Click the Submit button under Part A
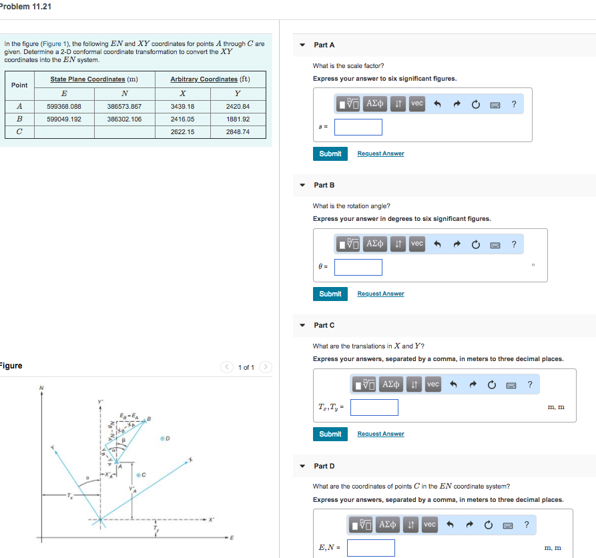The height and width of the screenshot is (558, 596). (330, 154)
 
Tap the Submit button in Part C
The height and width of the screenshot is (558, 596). (330, 434)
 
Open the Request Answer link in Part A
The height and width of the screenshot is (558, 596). (380, 154)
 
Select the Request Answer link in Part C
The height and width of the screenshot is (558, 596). (380, 434)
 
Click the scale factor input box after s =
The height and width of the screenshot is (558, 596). (358, 127)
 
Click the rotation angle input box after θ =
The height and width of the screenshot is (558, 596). (358, 267)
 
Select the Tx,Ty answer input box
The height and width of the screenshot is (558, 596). (374, 407)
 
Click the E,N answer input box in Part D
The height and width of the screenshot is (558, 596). (370, 548)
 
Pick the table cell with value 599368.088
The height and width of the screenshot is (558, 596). (64, 106)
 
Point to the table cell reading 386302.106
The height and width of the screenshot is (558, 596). (124, 119)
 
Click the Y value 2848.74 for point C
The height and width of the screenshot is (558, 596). (238, 131)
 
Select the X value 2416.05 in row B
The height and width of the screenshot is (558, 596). (182, 119)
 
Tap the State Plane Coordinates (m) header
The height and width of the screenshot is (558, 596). (94, 79)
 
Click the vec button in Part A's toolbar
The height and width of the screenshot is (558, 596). (416, 103)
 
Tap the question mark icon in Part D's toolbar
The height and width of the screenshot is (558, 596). (527, 525)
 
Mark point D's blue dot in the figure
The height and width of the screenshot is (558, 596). (162, 439)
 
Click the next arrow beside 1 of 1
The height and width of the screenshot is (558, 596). (266, 367)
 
